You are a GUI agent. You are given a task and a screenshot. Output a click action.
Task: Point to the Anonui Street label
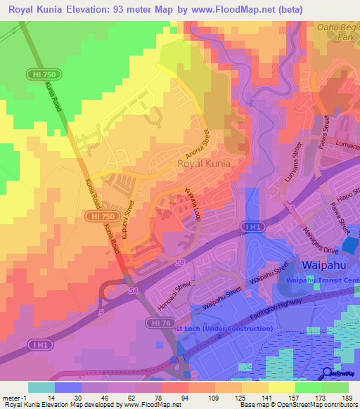(200, 145)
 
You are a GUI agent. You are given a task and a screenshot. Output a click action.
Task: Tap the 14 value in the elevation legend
(51, 398)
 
